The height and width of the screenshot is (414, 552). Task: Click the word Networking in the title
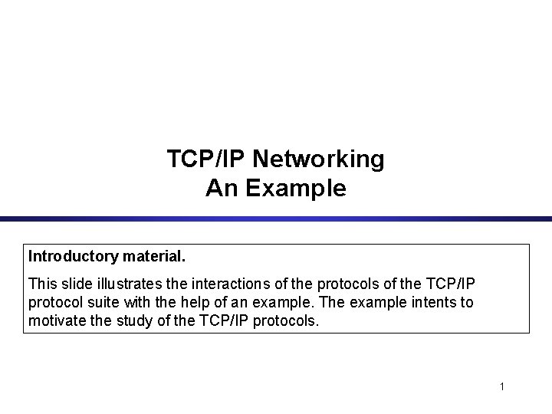[318, 159]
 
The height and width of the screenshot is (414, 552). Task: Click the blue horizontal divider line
[276, 219]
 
